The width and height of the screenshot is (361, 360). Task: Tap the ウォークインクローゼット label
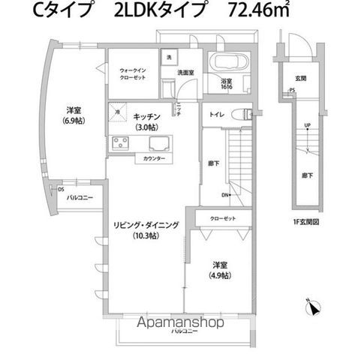tap(131, 74)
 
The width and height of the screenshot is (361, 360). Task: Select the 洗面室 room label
tap(185, 73)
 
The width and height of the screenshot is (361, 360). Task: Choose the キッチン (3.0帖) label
tap(147, 121)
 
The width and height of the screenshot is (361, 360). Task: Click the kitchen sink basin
tap(160, 144)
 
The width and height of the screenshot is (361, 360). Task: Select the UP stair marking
tap(308, 125)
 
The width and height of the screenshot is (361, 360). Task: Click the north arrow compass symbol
tap(314, 307)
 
